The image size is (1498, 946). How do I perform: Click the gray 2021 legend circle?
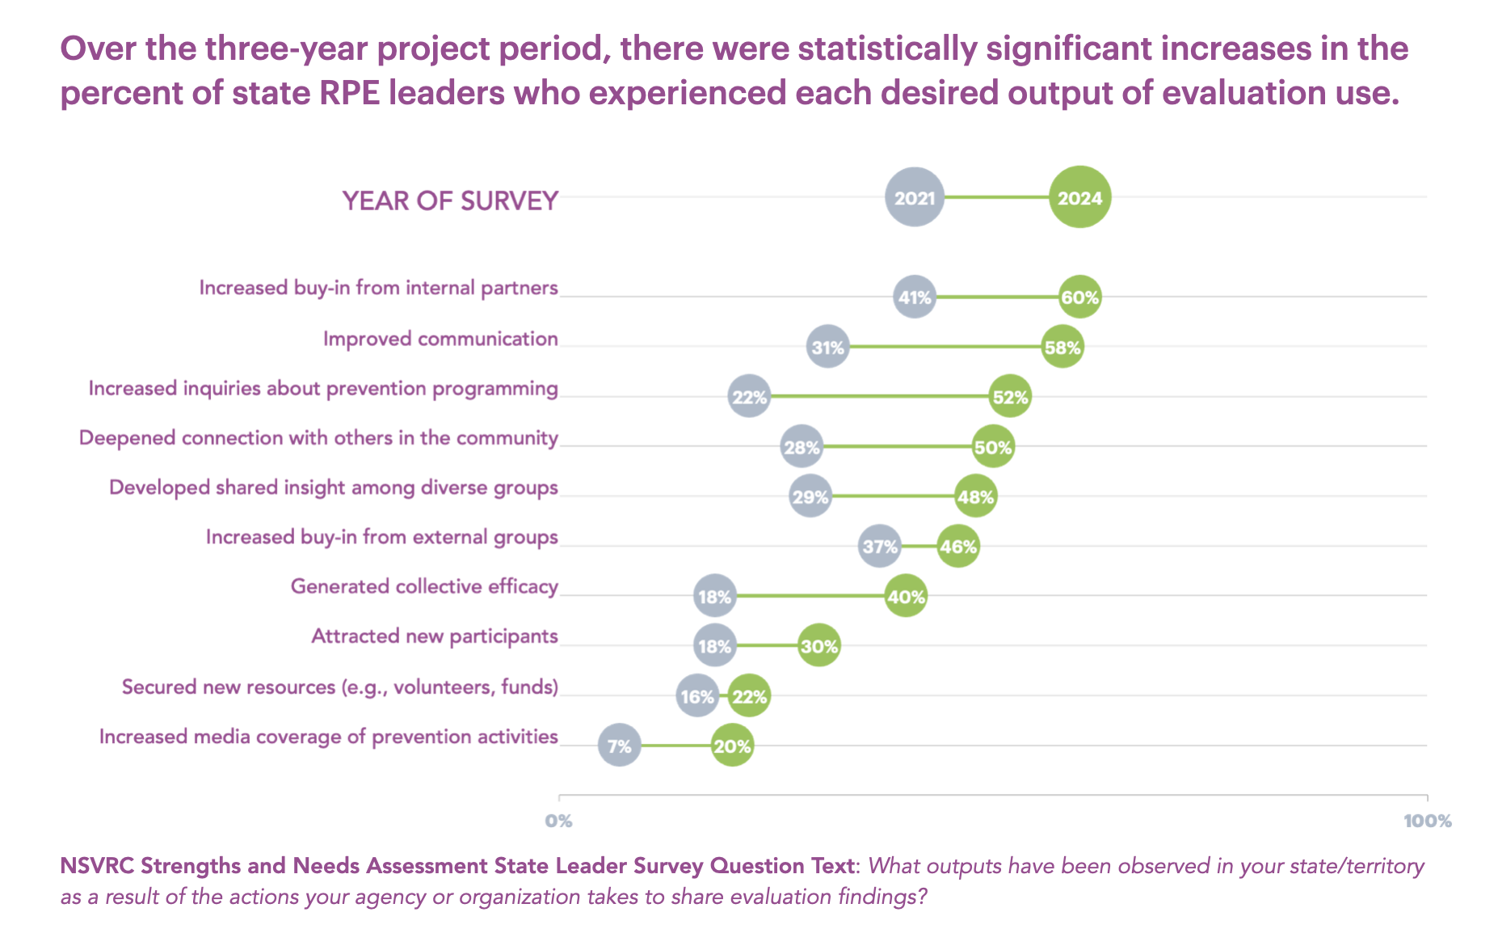tap(915, 197)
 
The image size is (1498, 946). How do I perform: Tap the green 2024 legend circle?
tap(1080, 197)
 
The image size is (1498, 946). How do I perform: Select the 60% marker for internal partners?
tap(1080, 298)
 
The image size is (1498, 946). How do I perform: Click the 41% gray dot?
tap(915, 298)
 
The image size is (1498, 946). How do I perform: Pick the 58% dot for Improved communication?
tap(1062, 348)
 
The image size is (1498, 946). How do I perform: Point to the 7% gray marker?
tap(620, 745)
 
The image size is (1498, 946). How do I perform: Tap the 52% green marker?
tap(1010, 397)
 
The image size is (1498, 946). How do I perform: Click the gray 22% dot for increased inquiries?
tap(749, 397)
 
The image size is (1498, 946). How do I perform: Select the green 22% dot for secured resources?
tap(749, 696)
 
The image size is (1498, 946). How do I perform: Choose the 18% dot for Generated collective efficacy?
tap(715, 597)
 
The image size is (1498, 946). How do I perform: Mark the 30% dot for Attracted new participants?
tap(819, 646)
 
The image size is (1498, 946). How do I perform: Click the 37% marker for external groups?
tap(880, 547)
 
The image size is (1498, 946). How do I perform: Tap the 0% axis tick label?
tap(558, 821)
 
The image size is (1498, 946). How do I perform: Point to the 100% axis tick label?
tap(1427, 821)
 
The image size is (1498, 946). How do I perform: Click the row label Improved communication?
tap(440, 339)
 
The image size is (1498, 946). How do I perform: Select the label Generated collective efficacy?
tap(424, 586)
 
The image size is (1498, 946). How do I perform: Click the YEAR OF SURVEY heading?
tap(450, 201)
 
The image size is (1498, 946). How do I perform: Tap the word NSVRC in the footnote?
tap(97, 866)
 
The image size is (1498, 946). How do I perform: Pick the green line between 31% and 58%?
tap(945, 348)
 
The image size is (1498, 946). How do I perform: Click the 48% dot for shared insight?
tap(975, 496)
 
